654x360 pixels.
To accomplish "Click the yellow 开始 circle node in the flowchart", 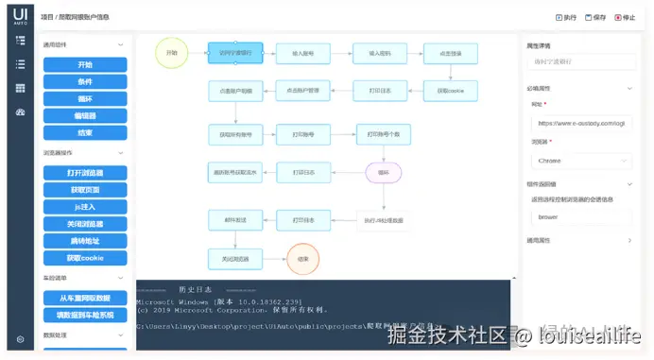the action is pos(171,53).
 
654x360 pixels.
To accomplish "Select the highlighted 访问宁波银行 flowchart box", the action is pos(234,54).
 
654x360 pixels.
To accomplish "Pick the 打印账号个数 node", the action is pos(384,134).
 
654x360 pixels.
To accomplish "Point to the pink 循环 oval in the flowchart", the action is pos(384,173).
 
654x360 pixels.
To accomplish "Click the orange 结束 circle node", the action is pos(302,258).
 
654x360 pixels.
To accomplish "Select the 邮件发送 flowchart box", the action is pos(234,219).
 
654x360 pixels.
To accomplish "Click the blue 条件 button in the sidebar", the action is pos(85,81).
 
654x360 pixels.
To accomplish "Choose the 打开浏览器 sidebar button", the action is pos(85,173).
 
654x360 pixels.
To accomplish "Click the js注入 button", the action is pos(85,207).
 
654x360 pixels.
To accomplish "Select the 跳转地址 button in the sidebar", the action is pos(85,241).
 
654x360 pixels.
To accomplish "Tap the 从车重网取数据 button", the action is pos(85,299).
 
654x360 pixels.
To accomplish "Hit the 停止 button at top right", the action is pos(626,17).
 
